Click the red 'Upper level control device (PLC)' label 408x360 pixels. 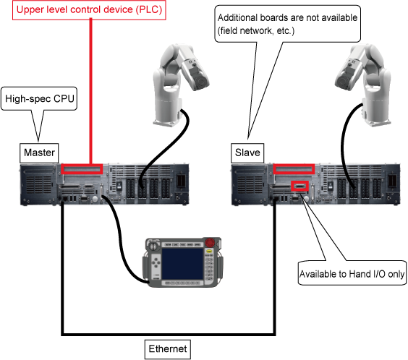(x=89, y=10)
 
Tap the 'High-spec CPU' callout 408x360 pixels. (x=40, y=99)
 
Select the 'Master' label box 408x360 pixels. (x=39, y=153)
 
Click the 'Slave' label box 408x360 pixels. (x=247, y=153)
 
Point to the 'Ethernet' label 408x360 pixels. (x=168, y=349)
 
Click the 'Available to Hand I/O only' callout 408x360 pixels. (x=352, y=273)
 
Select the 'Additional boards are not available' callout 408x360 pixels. (x=287, y=24)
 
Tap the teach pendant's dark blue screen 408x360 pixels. (x=182, y=263)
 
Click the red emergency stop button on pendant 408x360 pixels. (x=210, y=242)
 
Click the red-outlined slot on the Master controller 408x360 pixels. (x=82, y=169)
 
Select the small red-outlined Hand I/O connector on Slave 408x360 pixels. (x=299, y=186)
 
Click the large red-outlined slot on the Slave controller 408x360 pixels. (x=294, y=169)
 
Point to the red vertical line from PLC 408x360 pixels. (x=91, y=92)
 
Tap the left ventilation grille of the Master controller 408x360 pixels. (x=39, y=184)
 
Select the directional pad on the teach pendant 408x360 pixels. (x=156, y=262)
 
